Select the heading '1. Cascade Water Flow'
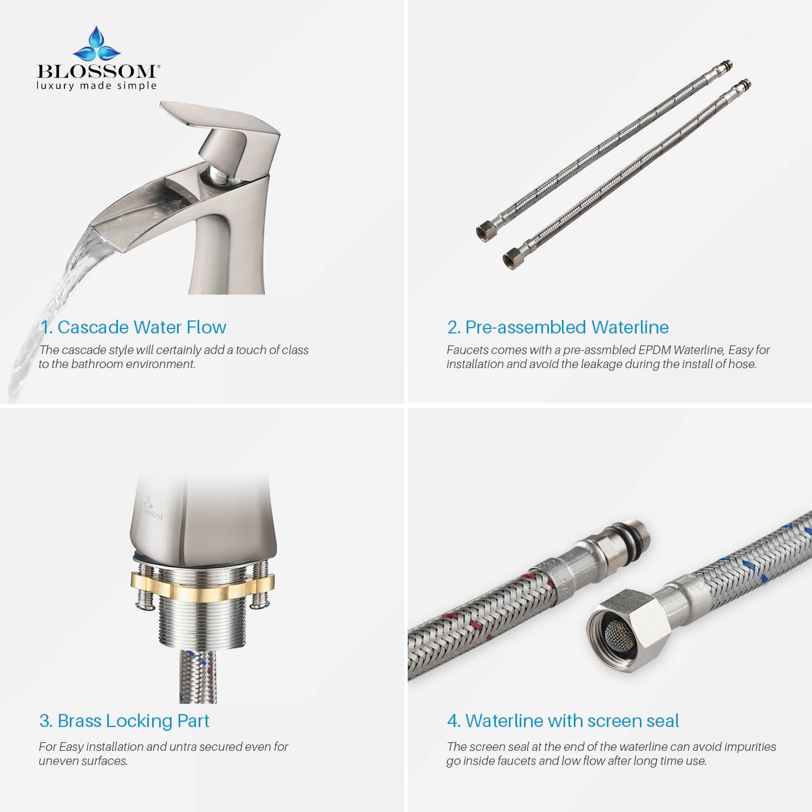point(134,327)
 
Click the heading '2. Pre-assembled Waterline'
point(558,327)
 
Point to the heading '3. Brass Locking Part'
point(125,721)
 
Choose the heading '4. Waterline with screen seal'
point(563,721)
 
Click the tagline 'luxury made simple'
point(97,86)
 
